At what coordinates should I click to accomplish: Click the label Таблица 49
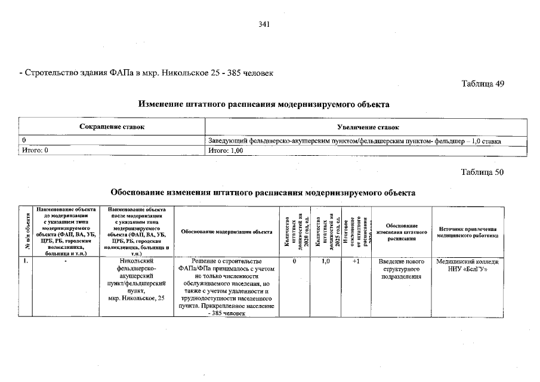[483, 84]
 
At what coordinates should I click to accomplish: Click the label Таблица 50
[483, 172]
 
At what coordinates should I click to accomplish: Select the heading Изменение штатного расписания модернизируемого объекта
[264, 104]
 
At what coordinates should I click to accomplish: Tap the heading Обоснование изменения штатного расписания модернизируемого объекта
[263, 193]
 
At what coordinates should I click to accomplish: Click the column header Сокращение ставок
[112, 128]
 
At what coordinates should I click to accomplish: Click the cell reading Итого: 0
[35, 150]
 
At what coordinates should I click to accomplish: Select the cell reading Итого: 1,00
[226, 150]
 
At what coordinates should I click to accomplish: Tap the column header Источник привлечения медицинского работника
[467, 232]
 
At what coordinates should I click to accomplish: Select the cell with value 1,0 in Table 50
[325, 262]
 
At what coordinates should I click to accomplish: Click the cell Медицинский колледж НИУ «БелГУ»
[467, 266]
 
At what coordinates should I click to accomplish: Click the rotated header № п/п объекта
[26, 232]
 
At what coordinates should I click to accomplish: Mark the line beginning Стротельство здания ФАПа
[146, 73]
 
